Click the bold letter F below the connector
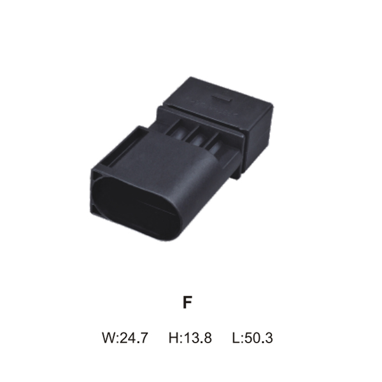pos(187,302)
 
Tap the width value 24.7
pos(134,337)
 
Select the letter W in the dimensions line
pos(109,337)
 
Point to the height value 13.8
pos(197,337)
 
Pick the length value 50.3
pos(258,337)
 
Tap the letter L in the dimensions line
pos(236,337)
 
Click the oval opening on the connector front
pos(137,208)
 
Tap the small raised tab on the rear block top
pos(222,98)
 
